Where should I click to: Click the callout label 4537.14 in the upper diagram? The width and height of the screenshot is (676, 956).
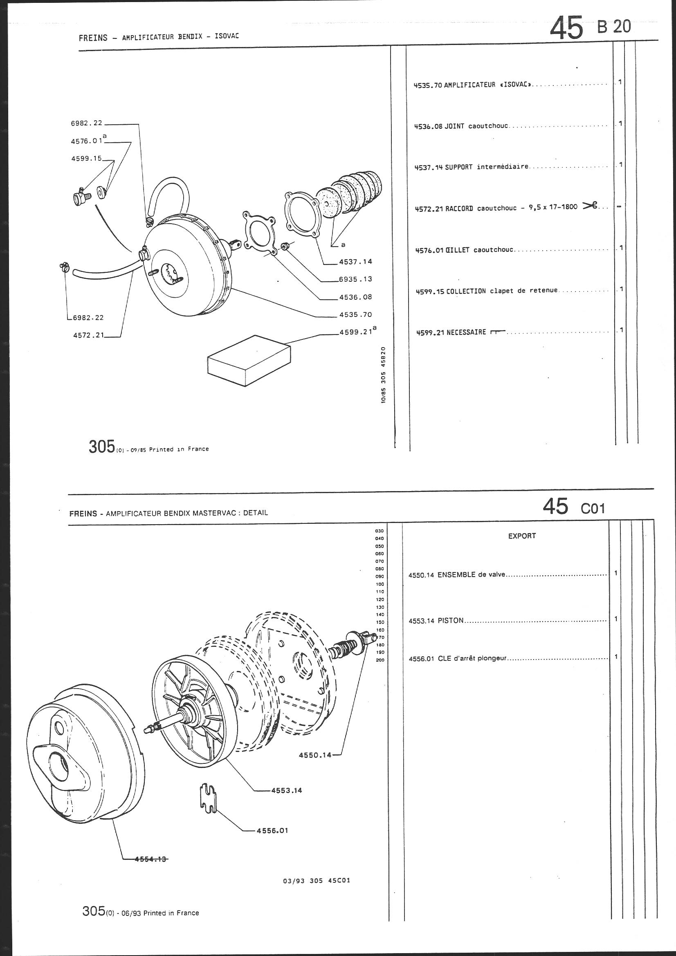click(355, 261)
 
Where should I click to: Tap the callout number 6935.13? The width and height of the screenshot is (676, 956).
click(355, 279)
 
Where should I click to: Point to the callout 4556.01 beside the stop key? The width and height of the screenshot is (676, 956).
click(272, 830)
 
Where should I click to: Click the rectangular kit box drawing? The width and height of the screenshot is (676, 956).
click(249, 360)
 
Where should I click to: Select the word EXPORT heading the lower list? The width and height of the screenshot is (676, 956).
click(521, 536)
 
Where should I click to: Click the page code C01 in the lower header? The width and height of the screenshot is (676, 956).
click(592, 508)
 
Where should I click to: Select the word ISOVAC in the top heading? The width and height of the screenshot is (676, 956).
click(227, 36)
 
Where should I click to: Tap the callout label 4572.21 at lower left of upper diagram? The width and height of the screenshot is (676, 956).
click(88, 335)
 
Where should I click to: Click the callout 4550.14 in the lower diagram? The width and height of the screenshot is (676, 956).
click(315, 754)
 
